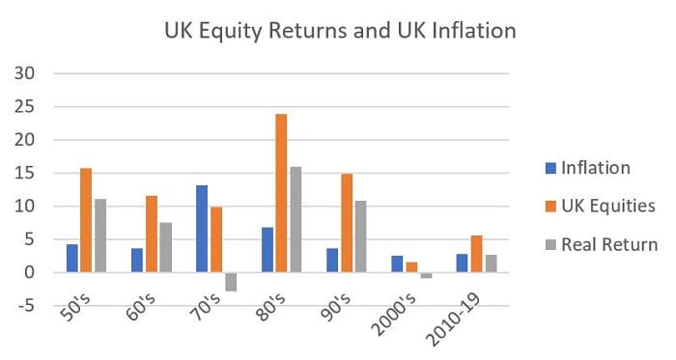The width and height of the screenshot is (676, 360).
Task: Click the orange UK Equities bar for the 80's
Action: (280, 193)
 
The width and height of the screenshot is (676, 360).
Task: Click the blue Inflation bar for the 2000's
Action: (397, 263)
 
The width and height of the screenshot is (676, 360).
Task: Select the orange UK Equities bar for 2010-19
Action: (476, 254)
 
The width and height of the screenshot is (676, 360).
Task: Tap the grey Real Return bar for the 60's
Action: (166, 247)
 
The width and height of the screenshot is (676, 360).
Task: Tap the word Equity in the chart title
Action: (243, 31)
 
